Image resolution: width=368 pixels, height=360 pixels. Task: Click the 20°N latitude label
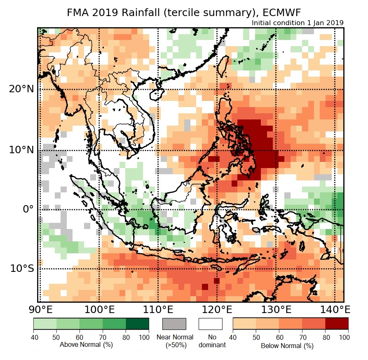[22, 89]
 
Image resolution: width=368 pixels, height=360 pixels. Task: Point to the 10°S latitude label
[22, 269]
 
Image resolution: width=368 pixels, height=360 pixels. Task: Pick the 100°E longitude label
[99, 309]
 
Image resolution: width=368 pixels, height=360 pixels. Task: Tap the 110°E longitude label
[158, 309]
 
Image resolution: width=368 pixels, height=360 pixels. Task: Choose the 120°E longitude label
[217, 309]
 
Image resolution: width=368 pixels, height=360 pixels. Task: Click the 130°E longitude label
[276, 309]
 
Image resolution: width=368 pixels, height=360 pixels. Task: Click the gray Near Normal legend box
[174, 324]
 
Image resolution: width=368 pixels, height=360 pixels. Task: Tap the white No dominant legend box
[210, 324]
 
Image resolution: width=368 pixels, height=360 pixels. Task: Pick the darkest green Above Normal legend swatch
[138, 323]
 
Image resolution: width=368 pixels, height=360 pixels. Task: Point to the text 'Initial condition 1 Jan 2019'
[297, 23]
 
